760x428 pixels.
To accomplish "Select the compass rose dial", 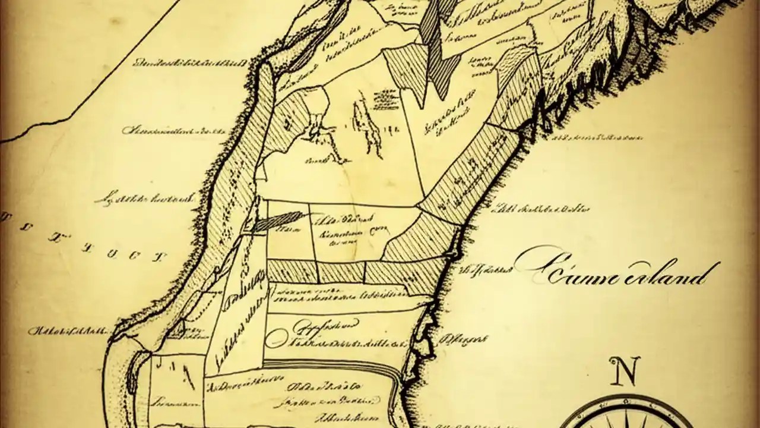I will coord(626,416).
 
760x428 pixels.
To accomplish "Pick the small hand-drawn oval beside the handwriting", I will coord(274,339).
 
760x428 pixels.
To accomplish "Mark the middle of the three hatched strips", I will coord(341,272).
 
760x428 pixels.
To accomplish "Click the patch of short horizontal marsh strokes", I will coord(386,98).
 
